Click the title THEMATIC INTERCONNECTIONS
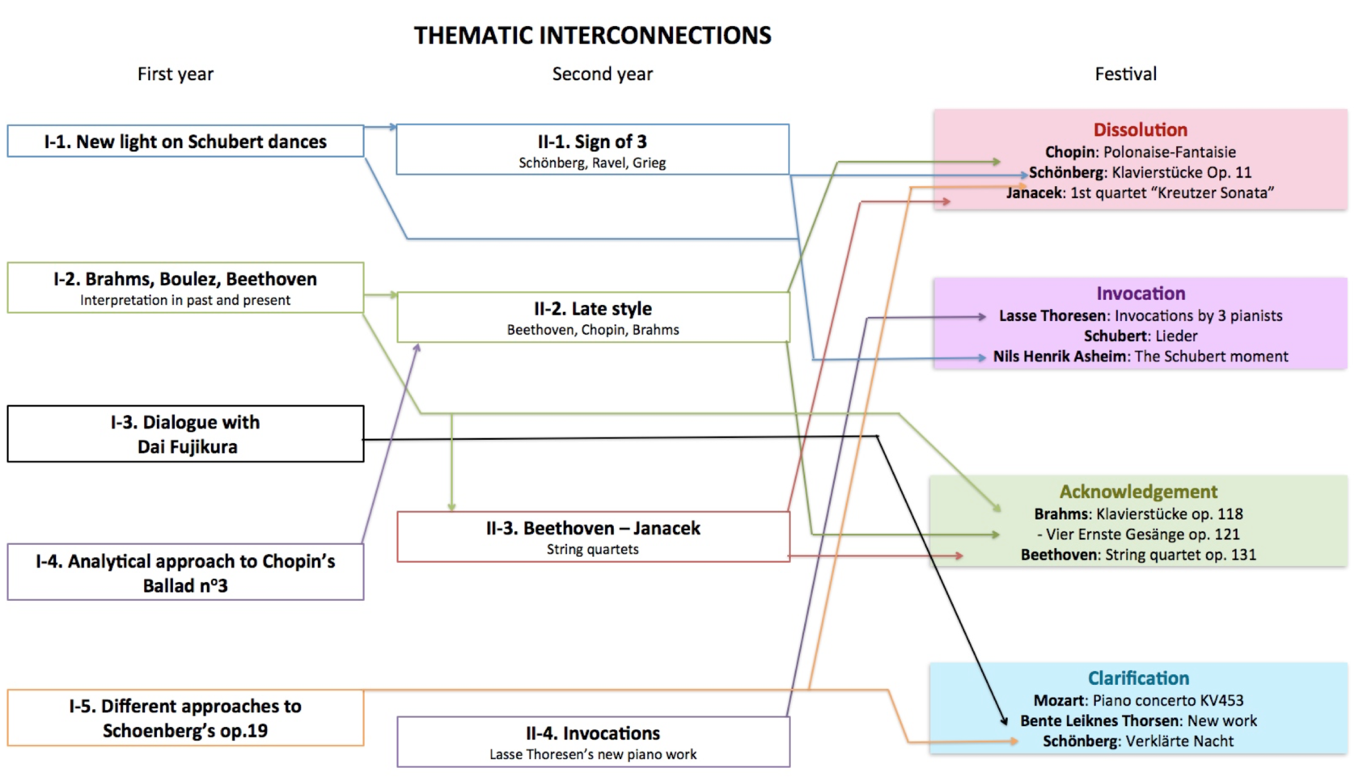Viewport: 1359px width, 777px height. [592, 36]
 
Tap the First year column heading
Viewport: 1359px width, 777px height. [175, 74]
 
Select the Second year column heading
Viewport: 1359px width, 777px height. [602, 74]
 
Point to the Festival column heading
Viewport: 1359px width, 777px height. [1125, 74]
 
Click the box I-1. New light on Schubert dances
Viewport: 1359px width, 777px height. [185, 141]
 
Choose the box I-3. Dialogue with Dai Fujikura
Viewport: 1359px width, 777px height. [185, 434]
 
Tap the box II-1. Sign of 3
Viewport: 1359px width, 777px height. [592, 150]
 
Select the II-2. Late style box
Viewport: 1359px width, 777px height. [592, 317]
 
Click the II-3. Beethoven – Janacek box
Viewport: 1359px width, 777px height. [592, 536]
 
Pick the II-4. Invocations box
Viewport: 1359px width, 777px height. [592, 741]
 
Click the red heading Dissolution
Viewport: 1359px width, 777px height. [1140, 130]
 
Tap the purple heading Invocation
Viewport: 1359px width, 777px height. [1140, 293]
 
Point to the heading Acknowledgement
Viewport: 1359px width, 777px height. [1138, 492]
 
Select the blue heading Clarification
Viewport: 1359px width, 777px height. [1138, 678]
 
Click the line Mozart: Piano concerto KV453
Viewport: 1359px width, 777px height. [1138, 700]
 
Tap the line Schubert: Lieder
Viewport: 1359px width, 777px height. [1140, 336]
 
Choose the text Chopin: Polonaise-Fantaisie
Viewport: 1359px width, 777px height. [1140, 152]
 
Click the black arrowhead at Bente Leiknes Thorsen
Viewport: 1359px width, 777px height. [1005, 720]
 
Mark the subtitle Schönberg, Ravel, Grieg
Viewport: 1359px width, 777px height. [592, 163]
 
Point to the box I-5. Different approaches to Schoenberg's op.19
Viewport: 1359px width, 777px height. [185, 718]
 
